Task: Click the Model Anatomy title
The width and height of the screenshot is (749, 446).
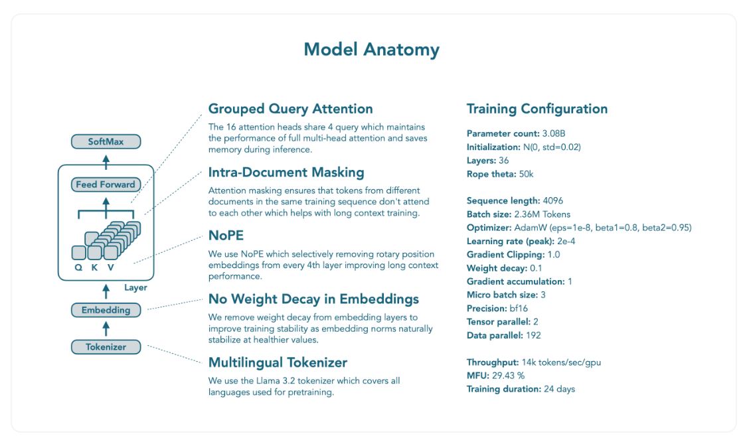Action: (371, 50)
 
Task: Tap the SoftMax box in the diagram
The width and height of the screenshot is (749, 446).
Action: (106, 141)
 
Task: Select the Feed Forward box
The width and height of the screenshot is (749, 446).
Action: (106, 185)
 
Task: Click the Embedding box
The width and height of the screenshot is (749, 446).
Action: (106, 310)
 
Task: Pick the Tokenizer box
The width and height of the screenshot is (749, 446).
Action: (106, 346)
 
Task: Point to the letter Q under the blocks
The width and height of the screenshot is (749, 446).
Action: (78, 267)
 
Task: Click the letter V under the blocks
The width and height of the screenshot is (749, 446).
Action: (110, 267)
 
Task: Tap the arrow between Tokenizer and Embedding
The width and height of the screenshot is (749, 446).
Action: (106, 329)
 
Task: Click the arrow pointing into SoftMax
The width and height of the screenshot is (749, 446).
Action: (106, 159)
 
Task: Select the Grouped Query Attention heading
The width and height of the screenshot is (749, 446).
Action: (290, 109)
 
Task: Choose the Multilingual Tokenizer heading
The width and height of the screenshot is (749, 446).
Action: (278, 362)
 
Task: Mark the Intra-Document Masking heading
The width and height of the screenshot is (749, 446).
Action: (286, 173)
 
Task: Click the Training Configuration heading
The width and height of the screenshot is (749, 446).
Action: (537, 109)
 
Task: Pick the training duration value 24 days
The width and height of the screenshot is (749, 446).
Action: (559, 389)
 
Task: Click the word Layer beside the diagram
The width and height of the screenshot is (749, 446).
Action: (135, 288)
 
